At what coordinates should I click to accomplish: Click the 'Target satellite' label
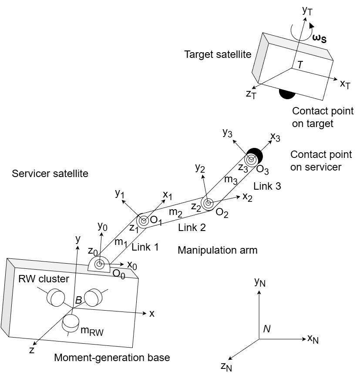[218, 54]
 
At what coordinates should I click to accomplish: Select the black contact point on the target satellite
[287, 93]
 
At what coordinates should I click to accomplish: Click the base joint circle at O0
[99, 264]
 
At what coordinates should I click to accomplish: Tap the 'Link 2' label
[192, 227]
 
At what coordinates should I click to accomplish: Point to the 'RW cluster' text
[43, 279]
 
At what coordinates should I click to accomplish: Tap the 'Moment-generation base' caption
[112, 358]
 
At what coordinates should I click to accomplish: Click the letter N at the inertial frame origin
[267, 329]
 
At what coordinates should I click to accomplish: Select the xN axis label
[313, 339]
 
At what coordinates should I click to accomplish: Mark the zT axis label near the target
[251, 94]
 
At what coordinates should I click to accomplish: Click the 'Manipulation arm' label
[217, 250]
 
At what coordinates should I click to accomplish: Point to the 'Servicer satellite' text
[50, 174]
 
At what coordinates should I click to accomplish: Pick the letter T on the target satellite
[300, 65]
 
